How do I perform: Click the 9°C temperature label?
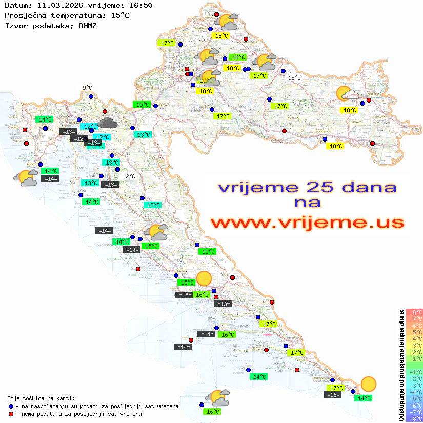(x=87, y=88)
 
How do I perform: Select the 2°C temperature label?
(x=130, y=176)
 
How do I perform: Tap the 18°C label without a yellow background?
(x=294, y=78)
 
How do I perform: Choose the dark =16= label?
(x=333, y=394)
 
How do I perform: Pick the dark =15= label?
(x=184, y=295)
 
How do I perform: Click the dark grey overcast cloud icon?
(x=108, y=122)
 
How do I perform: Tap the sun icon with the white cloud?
(x=347, y=94)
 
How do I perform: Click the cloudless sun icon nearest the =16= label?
(x=368, y=384)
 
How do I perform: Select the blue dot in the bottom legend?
(x=11, y=406)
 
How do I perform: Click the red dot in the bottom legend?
(x=11, y=414)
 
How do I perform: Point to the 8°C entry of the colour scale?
(x=414, y=312)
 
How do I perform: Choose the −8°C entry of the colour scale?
(x=414, y=418)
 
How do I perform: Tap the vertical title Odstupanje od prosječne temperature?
(x=401, y=365)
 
